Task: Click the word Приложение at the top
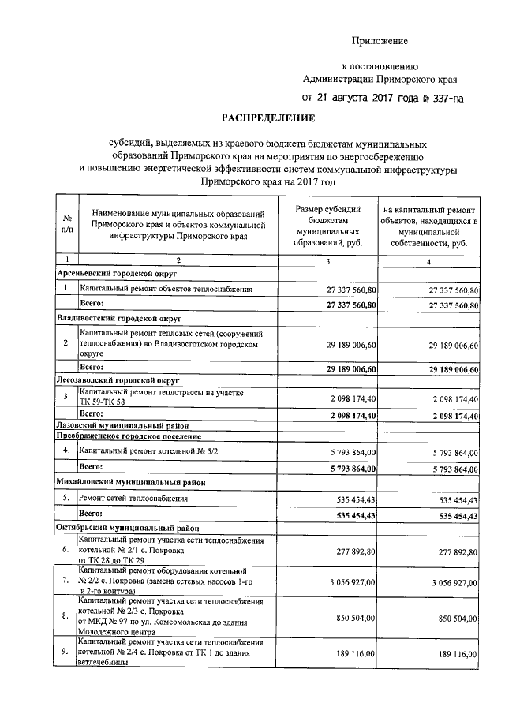[x=380, y=40]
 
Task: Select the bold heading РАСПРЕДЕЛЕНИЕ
[x=268, y=119]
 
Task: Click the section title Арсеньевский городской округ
[x=115, y=274]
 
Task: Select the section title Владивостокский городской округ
[x=119, y=317]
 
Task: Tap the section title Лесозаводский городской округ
[x=117, y=379]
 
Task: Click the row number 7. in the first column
[x=66, y=581]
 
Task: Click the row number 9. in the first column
[x=66, y=653]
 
